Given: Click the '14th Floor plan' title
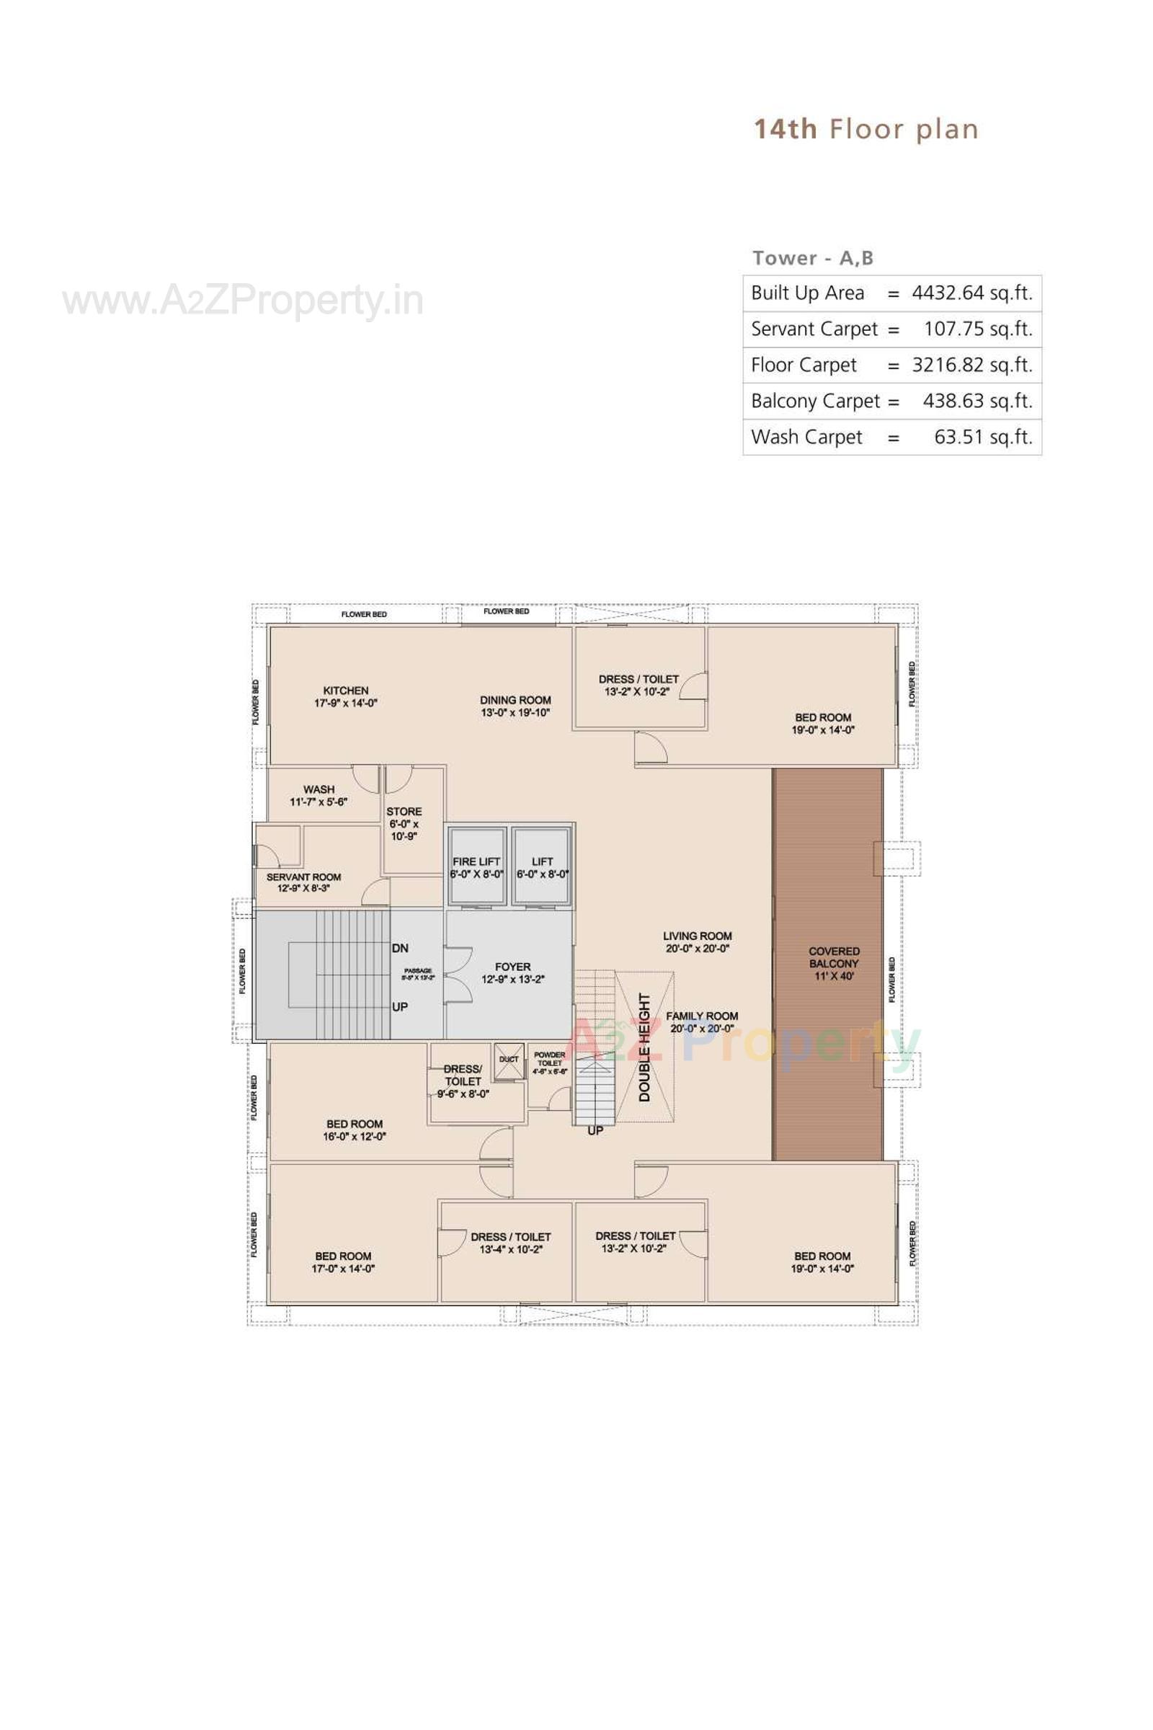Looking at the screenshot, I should click(865, 130).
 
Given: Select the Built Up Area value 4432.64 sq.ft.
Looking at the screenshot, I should click(971, 293).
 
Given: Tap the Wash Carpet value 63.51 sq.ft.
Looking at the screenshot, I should click(982, 437).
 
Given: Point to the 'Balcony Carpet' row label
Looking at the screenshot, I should click(815, 401).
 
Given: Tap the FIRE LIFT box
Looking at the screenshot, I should click(476, 866).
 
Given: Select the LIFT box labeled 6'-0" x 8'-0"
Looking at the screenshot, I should click(542, 866).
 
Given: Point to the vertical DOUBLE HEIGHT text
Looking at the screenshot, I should click(645, 1047).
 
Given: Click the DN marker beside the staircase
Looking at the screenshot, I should click(400, 948).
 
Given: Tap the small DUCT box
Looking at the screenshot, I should click(509, 1060).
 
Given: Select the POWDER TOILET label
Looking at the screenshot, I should click(549, 1059).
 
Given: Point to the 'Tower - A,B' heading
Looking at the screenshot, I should click(812, 258).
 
